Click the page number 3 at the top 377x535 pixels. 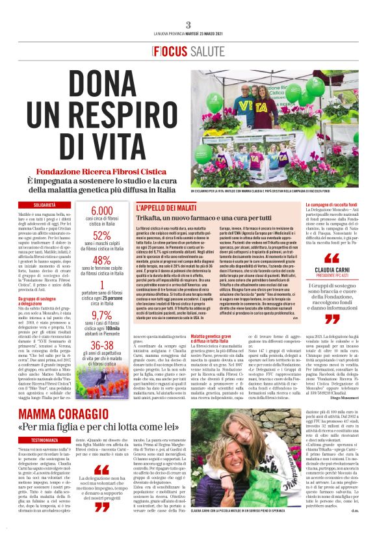(x=188, y=25)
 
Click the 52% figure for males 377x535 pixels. (x=101, y=235)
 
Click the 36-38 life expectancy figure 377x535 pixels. (x=101, y=346)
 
